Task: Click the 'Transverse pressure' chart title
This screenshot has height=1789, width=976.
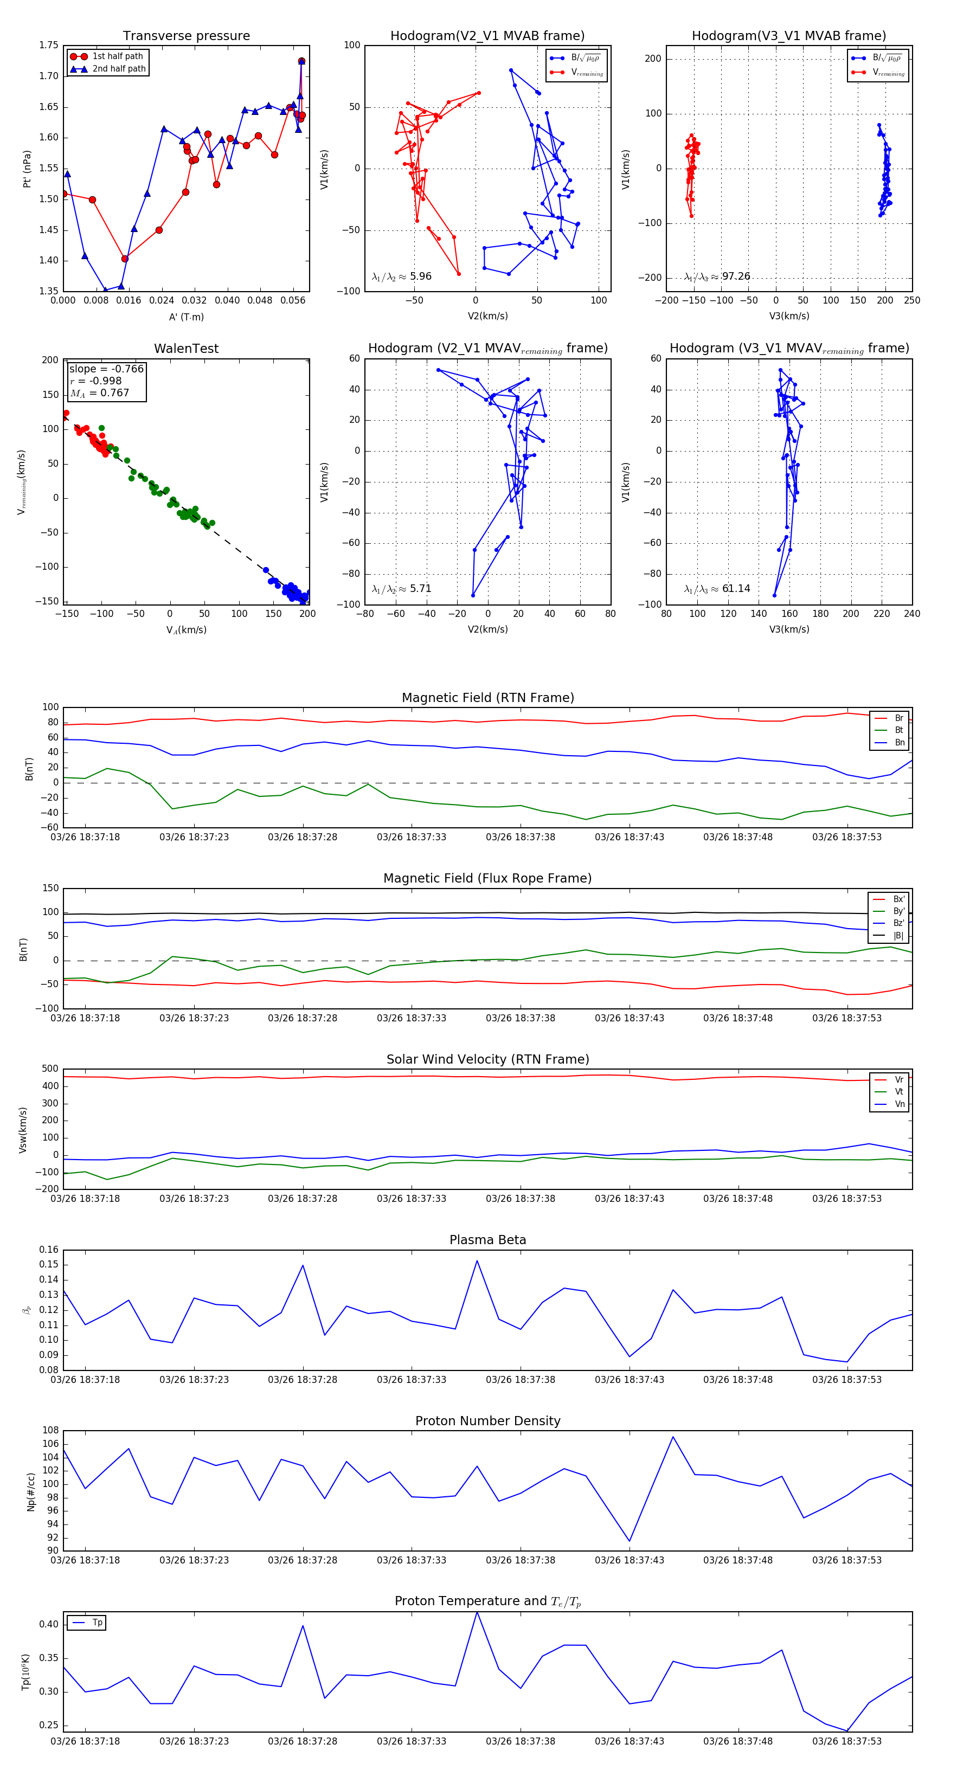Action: (186, 36)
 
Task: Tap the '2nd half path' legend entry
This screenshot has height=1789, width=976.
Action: (119, 69)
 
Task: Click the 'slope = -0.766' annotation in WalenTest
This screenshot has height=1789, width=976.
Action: (106, 369)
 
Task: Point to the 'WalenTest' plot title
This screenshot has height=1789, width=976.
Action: (186, 349)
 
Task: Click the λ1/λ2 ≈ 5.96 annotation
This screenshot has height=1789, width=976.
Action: (401, 276)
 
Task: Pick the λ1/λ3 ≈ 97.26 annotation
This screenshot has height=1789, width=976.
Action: (717, 276)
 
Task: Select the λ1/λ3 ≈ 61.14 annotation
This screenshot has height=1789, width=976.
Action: (717, 589)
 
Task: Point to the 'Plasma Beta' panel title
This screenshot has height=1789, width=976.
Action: (487, 1240)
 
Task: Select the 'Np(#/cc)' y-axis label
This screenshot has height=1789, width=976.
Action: (30, 1491)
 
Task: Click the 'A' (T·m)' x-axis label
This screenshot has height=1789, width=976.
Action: (186, 317)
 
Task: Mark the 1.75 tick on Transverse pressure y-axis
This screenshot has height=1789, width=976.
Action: (49, 45)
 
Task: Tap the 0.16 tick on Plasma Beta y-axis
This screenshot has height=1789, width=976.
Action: (49, 1250)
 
